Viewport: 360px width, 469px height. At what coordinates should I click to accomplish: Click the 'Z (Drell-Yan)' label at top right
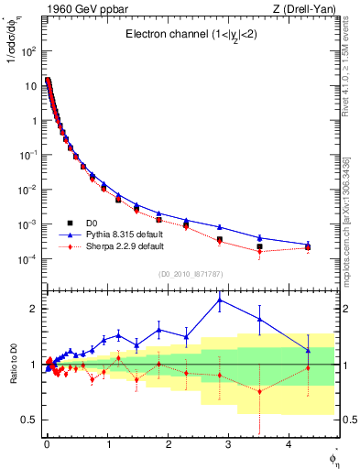click(x=296, y=8)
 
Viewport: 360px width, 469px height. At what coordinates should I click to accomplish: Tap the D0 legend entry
click(x=93, y=223)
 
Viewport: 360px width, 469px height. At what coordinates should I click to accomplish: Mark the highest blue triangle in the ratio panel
click(x=220, y=300)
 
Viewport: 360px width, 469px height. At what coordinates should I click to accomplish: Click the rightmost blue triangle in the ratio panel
click(x=308, y=349)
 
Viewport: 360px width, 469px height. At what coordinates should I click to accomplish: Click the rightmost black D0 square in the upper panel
click(x=308, y=247)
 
